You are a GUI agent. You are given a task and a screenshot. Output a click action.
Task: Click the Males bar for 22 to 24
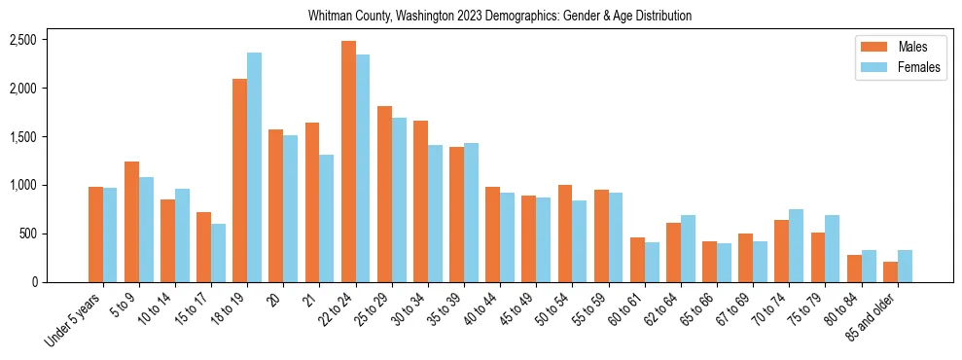click(348, 162)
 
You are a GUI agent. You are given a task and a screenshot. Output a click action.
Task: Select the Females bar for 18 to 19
click(254, 167)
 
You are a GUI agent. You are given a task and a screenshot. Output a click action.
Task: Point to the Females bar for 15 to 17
click(218, 253)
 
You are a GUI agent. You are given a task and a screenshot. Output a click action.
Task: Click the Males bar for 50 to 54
click(565, 234)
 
